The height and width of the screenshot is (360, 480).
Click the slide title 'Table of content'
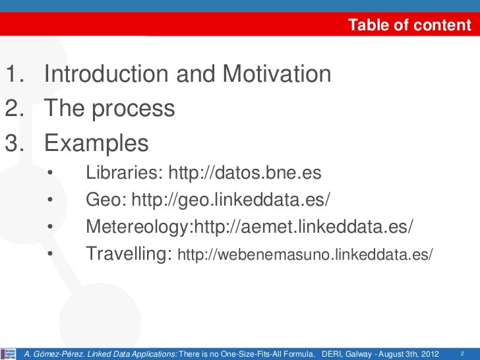[409, 26]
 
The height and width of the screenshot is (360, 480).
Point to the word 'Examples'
[96, 142]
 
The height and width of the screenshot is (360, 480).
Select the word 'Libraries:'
[124, 173]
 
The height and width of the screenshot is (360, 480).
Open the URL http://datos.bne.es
[245, 173]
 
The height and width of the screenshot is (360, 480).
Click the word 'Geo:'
[106, 200]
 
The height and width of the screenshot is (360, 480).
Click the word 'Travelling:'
[129, 253]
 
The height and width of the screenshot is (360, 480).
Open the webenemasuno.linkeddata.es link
[307, 254]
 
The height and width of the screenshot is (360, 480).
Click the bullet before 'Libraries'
[50, 174]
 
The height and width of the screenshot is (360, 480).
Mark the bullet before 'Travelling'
[50, 254]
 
